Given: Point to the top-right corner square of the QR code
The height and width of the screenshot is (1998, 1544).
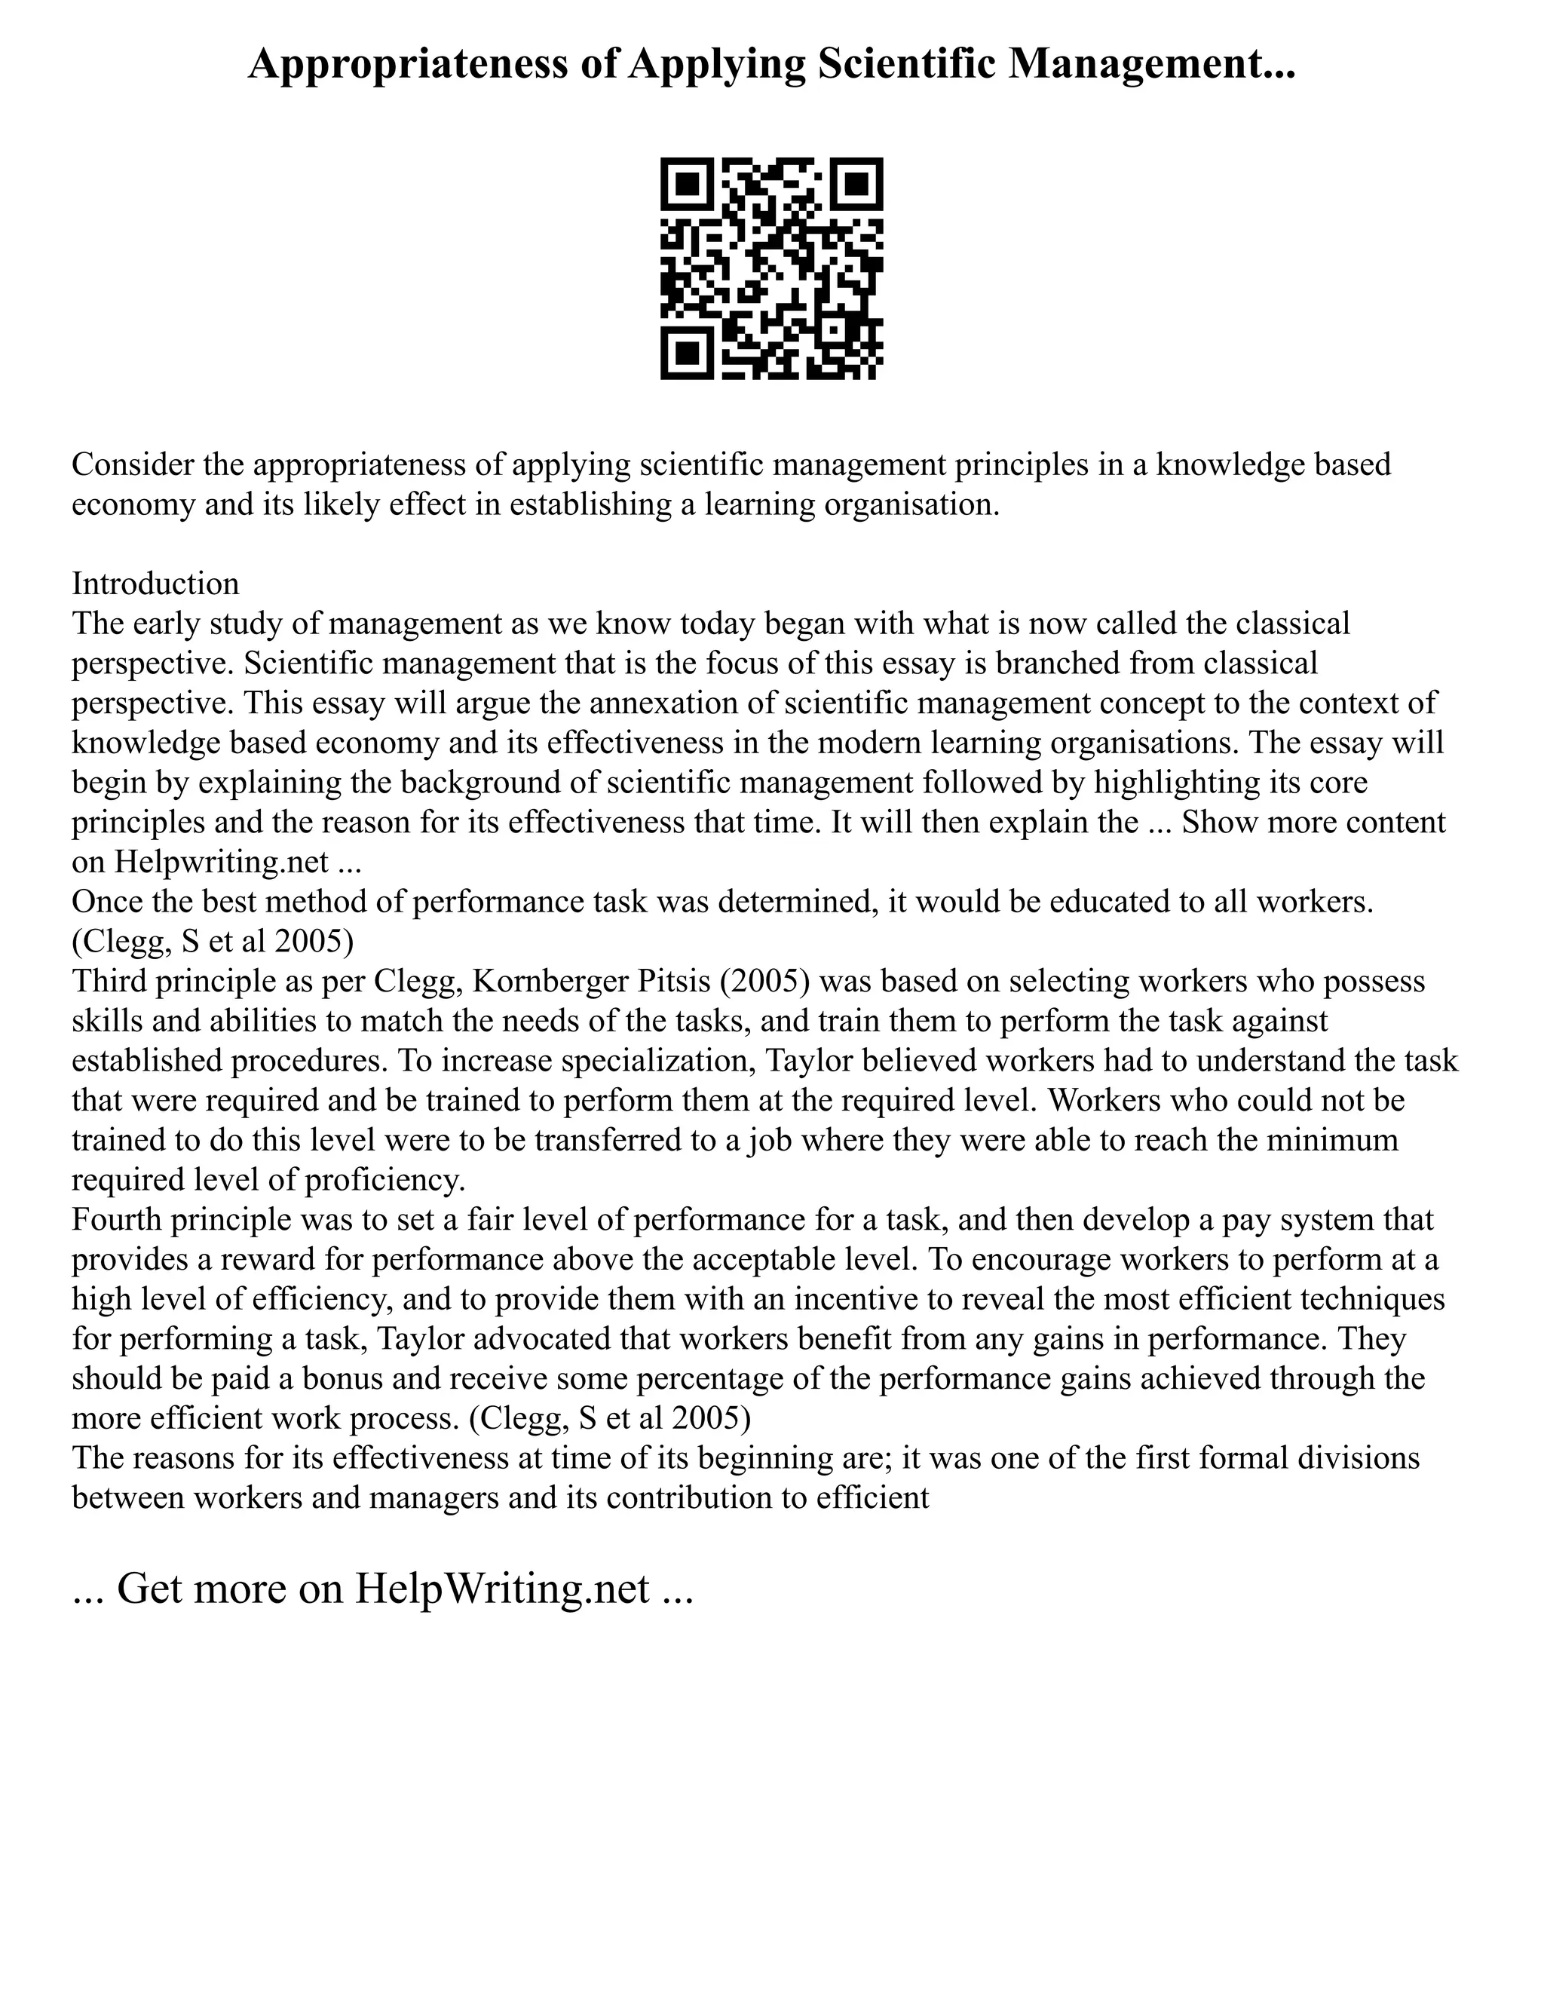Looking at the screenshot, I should (x=856, y=184).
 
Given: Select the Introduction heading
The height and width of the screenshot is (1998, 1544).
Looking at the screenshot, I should (x=155, y=584).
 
